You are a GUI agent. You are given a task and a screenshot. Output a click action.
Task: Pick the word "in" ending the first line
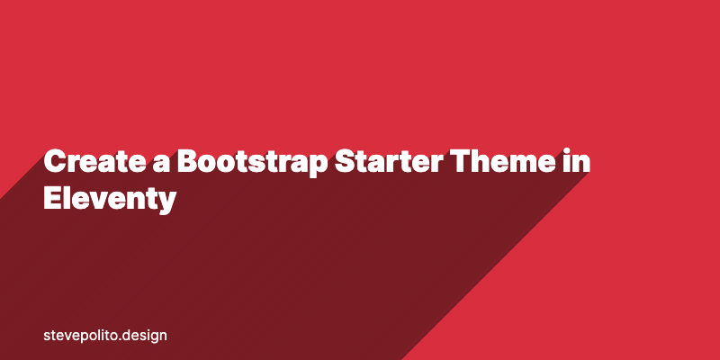587,163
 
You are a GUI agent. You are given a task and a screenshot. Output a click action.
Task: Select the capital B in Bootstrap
187,163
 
